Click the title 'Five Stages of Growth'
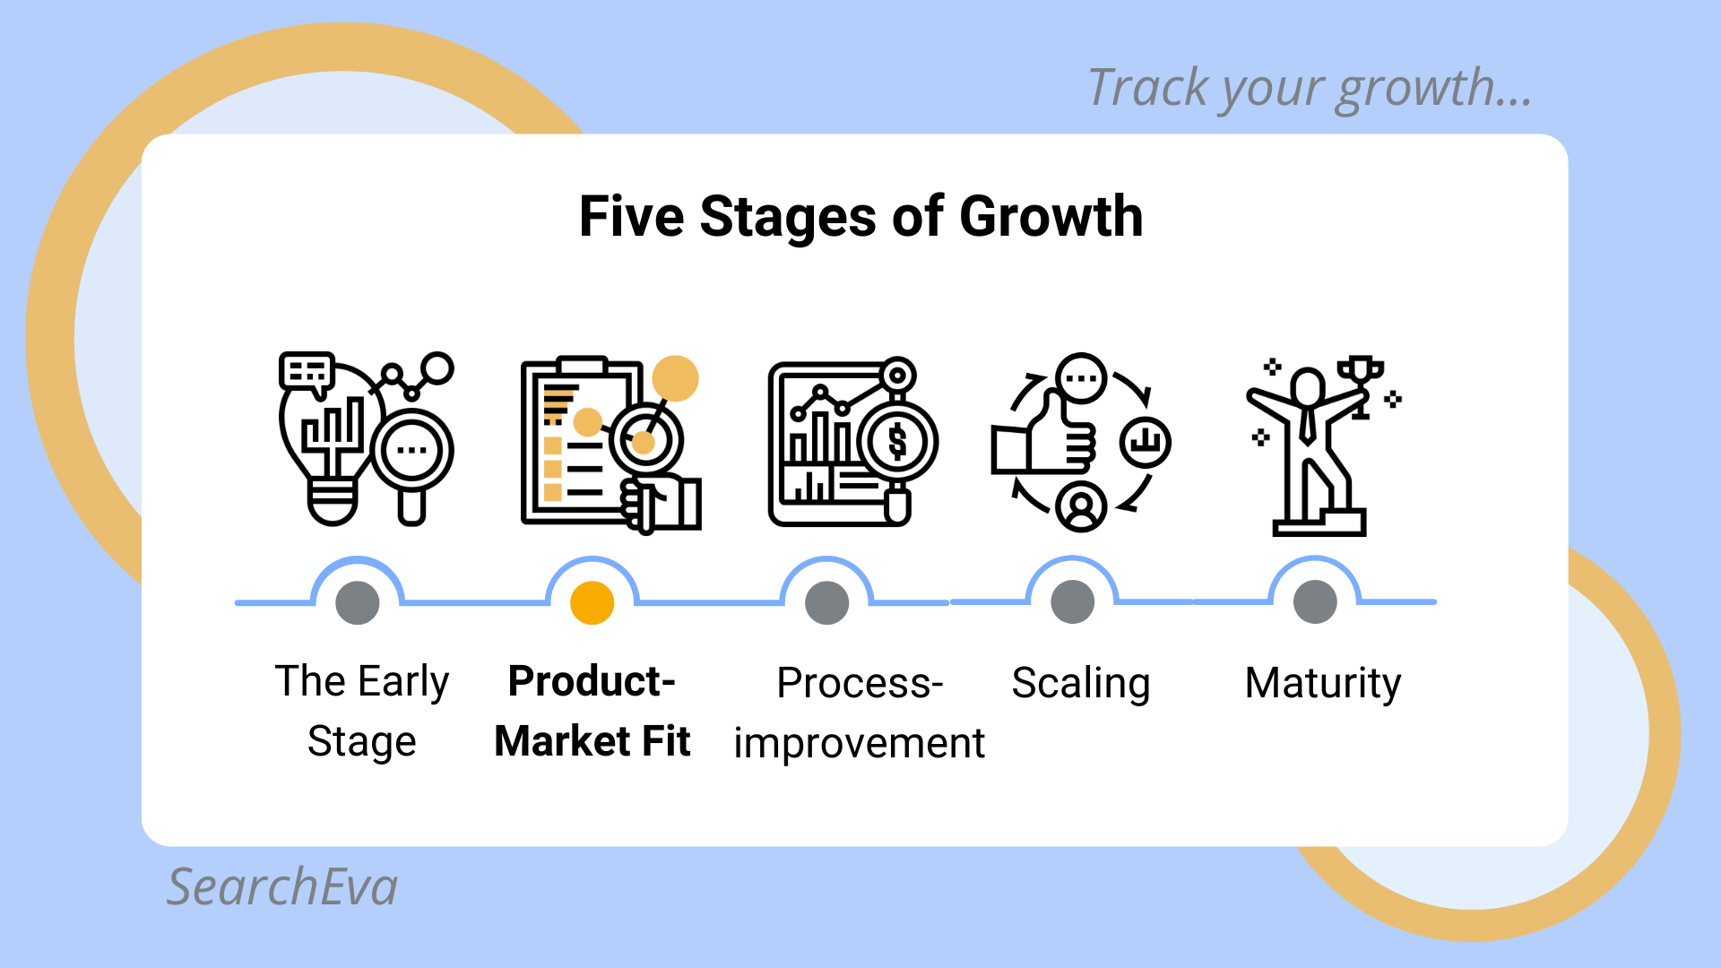(860, 217)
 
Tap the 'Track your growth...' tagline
(1310, 89)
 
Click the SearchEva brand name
(282, 887)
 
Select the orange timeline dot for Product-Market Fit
(592, 602)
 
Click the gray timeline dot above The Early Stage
(358, 602)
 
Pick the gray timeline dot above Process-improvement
(827, 602)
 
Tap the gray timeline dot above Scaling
(1073, 602)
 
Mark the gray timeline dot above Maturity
(1316, 602)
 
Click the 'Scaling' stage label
(1081, 685)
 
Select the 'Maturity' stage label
(1323, 685)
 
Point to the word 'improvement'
(859, 744)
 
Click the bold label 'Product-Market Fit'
(592, 712)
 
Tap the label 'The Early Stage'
(362, 712)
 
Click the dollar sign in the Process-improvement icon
(897, 442)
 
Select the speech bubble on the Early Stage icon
(307, 372)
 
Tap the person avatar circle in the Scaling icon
(1082, 506)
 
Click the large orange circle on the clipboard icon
(675, 378)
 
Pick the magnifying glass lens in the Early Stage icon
(411, 449)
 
